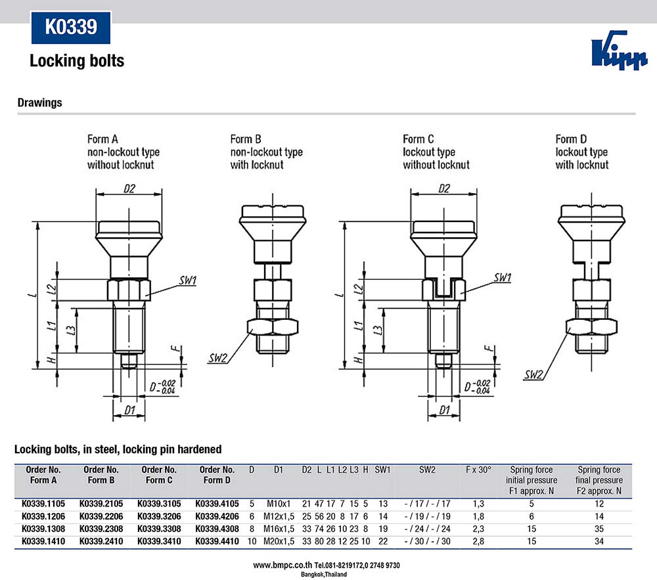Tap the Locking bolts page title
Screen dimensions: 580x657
77,61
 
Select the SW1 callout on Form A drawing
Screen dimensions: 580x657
188,280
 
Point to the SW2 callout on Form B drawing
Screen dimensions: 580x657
218,358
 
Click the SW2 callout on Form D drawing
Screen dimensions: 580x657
534,375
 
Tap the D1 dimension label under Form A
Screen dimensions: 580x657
129,411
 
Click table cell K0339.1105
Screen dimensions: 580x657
44,504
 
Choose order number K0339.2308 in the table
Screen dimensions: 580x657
101,528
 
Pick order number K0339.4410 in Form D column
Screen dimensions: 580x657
217,541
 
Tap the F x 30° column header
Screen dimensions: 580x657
478,470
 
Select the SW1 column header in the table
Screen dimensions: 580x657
382,470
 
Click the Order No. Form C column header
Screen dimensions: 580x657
159,475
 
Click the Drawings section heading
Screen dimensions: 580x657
39,102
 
